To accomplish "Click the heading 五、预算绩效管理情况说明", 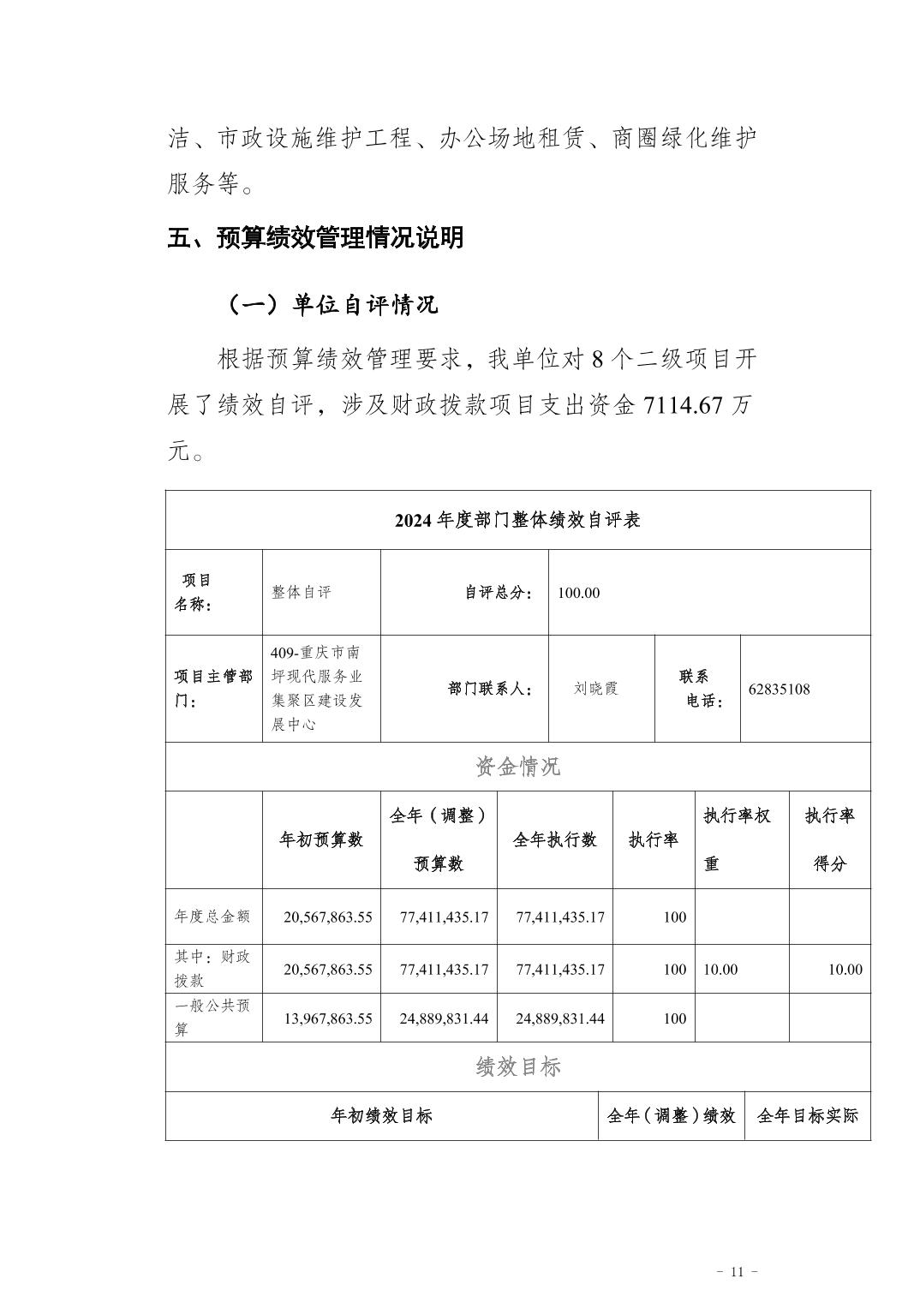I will [315, 237].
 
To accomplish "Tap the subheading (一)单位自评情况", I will [332, 304].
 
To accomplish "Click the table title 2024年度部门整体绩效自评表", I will [517, 520].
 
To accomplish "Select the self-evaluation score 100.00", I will [578, 593].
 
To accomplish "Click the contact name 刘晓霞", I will [596, 689].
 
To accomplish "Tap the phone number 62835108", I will [779, 689].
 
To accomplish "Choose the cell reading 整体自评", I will [301, 593].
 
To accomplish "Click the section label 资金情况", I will [517, 766].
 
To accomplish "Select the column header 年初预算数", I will [321, 839].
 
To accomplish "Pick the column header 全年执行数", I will [554, 839].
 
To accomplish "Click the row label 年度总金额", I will [212, 916].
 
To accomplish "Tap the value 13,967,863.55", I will [328, 1018].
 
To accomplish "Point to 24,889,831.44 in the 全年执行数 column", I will [560, 1018].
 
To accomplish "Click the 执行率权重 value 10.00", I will [720, 970].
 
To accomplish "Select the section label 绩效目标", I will [517, 1066].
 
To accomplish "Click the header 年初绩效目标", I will [381, 1115].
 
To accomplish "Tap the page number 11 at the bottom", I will [737, 1271].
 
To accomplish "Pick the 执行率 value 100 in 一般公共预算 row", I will [674, 1018].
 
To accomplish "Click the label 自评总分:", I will [499, 593].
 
